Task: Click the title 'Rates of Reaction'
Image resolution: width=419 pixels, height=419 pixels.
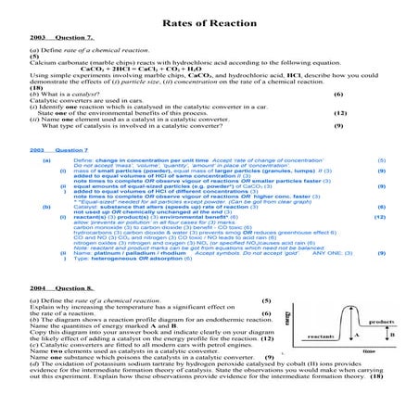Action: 209,20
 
